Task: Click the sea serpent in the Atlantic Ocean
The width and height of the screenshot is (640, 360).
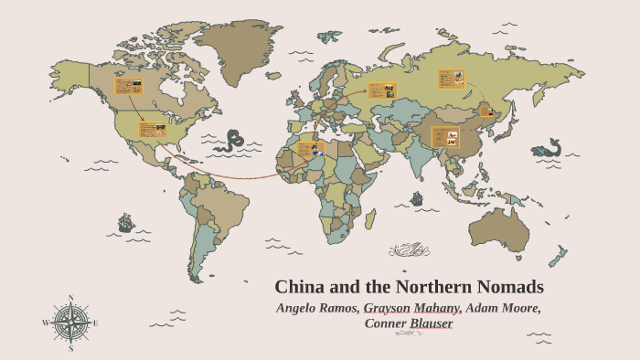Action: click(236, 140)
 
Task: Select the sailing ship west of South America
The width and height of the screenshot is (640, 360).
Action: click(126, 222)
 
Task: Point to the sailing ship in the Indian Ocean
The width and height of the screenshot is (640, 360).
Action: click(417, 198)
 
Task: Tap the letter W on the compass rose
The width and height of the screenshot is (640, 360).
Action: click(45, 323)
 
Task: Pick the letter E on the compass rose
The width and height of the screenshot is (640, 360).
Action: click(95, 323)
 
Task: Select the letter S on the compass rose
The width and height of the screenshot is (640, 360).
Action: click(70, 347)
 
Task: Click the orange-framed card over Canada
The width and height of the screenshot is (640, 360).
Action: click(128, 87)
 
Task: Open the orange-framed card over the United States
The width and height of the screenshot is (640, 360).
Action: click(152, 131)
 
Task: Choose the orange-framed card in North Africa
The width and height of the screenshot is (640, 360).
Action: click(311, 150)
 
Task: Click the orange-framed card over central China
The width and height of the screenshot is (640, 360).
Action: click(445, 137)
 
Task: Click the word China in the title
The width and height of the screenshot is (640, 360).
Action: click(302, 286)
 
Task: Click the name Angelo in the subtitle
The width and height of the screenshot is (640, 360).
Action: click(302, 308)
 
